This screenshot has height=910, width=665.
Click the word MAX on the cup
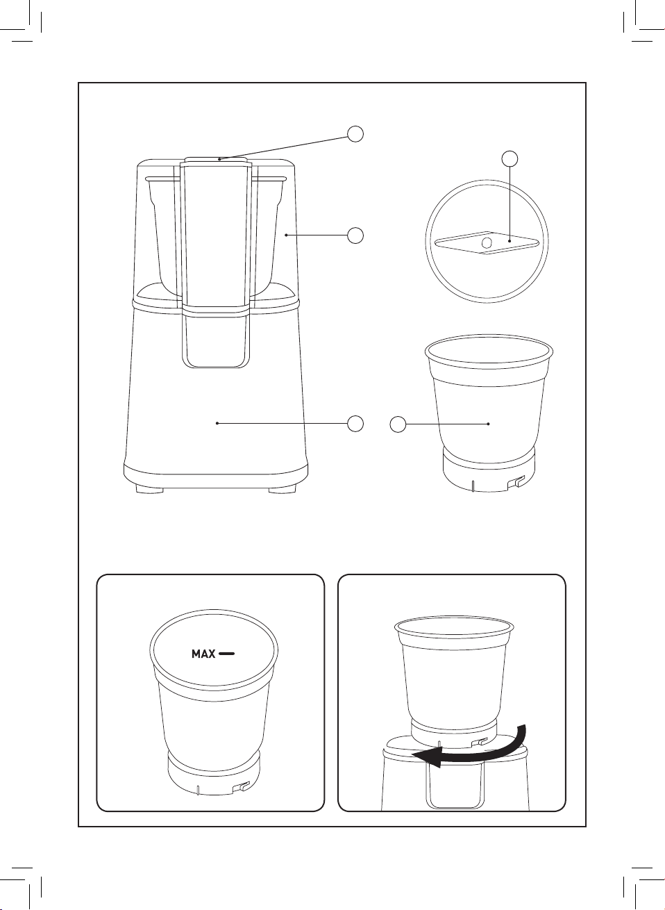click(203, 654)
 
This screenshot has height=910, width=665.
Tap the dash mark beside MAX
click(226, 654)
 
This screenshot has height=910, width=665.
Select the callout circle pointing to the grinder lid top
click(355, 134)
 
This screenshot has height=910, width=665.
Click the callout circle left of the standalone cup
click(398, 424)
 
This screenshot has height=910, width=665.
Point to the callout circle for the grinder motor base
click(355, 424)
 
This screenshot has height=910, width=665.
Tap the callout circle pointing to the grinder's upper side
click(355, 235)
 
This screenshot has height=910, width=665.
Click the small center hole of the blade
click(487, 243)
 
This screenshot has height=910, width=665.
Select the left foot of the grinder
click(150, 490)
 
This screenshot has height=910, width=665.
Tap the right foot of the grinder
click(282, 490)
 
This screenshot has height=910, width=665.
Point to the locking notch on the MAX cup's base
click(241, 787)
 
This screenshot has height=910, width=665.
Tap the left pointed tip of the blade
click(436, 243)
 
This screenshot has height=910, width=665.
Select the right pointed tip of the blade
click(539, 243)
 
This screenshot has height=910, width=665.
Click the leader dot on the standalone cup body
click(489, 424)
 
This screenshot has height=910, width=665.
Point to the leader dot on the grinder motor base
click(217, 424)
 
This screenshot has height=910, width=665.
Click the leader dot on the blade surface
click(510, 241)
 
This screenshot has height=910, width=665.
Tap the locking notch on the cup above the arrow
click(478, 742)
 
